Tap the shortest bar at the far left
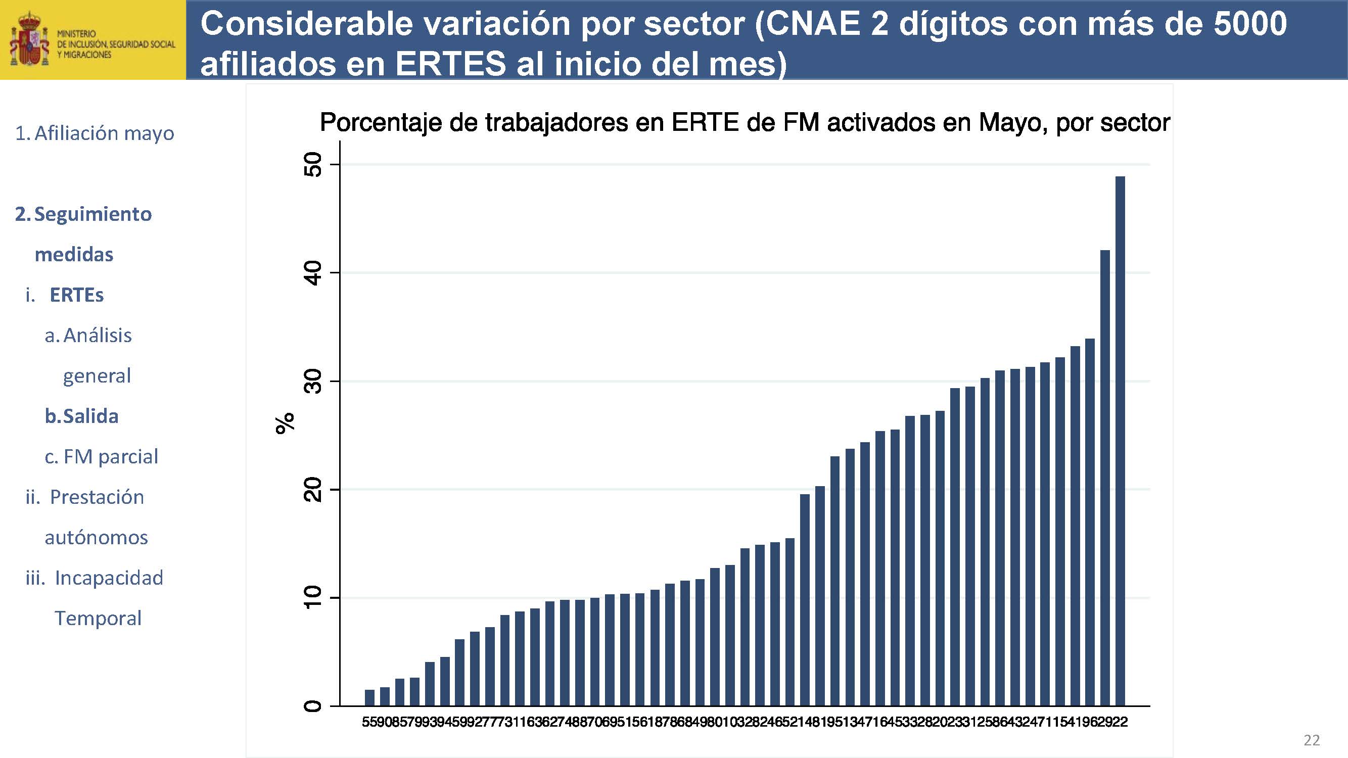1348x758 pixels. (369, 698)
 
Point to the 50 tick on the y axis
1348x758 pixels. (313, 164)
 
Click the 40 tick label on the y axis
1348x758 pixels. (313, 273)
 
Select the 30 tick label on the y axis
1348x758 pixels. (313, 382)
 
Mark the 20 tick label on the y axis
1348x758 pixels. (313, 490)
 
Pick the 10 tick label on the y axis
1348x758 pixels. (313, 597)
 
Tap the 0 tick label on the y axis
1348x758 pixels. (313, 706)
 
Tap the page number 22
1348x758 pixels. (1312, 740)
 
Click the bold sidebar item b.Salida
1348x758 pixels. (82, 416)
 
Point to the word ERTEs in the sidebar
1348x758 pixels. (76, 295)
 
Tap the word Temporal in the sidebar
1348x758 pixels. (98, 619)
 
